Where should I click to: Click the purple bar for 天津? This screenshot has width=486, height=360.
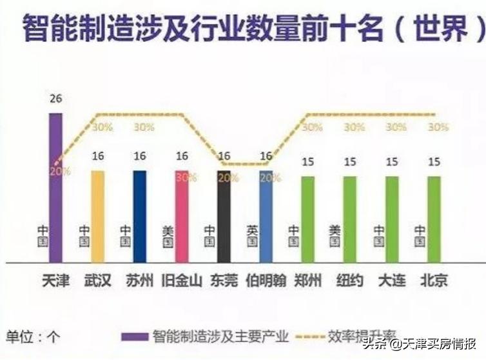point(56,187)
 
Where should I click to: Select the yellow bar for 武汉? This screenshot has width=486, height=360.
point(97,216)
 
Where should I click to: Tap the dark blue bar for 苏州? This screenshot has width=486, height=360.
point(139,216)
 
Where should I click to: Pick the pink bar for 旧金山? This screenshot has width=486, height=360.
point(182,216)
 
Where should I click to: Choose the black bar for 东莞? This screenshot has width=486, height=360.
point(224,216)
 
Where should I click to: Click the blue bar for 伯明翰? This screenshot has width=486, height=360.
point(266,216)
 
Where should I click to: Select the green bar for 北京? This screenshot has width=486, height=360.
point(434,219)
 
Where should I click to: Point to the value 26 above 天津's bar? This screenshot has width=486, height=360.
point(56,99)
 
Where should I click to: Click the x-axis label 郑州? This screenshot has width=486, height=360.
point(307,281)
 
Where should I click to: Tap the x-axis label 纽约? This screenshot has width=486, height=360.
point(350,281)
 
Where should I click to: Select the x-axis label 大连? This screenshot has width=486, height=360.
point(392,281)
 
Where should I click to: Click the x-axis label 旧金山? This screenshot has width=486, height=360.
point(182,281)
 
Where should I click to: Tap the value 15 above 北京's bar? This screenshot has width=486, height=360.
point(434,161)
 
